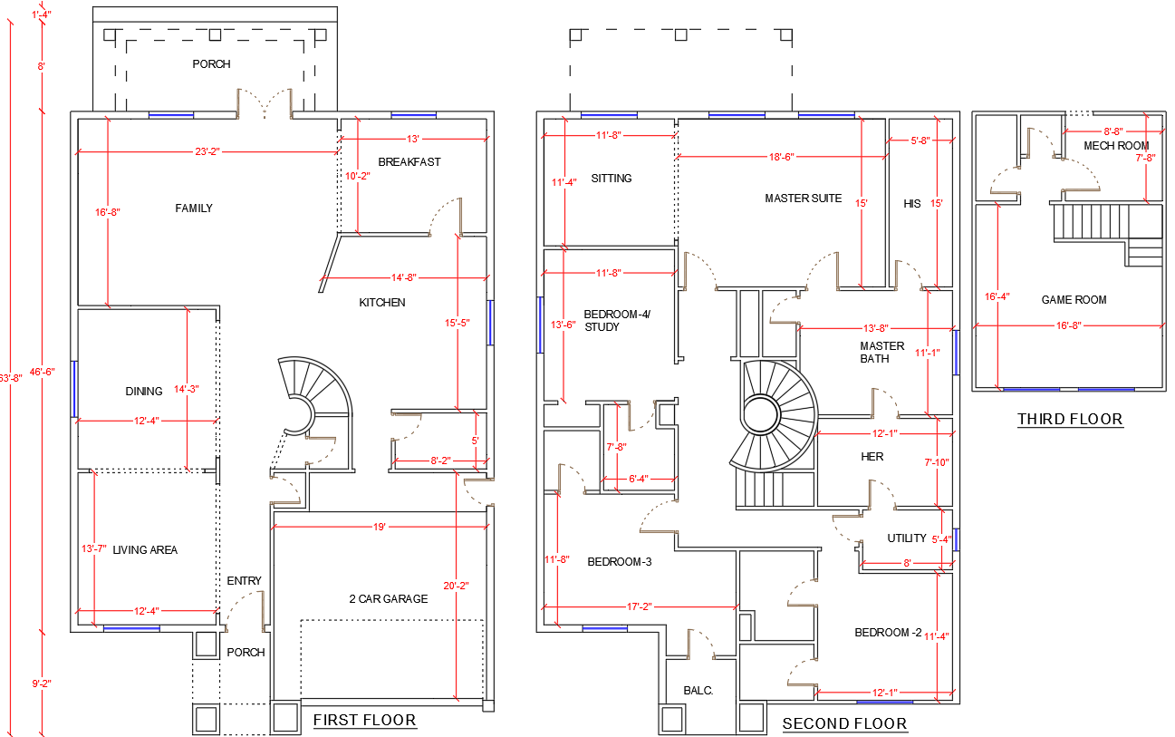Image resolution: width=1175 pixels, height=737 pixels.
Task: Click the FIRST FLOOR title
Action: [364, 721]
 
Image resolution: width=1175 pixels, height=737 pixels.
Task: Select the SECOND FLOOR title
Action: [844, 723]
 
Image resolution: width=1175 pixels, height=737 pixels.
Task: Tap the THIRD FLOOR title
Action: [1070, 419]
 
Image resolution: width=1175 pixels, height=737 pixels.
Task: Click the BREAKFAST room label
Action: [409, 162]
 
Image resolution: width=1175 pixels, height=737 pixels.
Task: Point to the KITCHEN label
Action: [382, 303]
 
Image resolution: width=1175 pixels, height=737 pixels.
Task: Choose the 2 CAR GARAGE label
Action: [389, 599]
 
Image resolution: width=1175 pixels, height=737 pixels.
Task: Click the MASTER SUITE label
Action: [803, 199]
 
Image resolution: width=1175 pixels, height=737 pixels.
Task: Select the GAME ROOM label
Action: [1074, 300]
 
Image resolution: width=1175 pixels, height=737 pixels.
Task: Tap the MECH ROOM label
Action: [1116, 146]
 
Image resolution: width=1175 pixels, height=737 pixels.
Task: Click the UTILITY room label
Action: [907, 538]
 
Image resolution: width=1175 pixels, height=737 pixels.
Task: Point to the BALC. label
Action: [698, 691]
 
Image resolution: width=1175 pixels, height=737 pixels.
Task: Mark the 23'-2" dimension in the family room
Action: [207, 151]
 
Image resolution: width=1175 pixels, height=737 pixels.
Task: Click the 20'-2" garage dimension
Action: [457, 585]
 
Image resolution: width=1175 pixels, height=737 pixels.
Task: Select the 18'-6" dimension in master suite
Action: [781, 157]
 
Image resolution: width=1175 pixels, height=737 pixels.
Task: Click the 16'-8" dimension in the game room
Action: [1069, 325]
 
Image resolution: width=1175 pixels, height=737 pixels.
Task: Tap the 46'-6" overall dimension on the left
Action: [43, 372]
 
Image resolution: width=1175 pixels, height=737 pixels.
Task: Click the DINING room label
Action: [144, 392]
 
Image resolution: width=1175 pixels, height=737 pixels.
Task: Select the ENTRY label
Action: [244, 581]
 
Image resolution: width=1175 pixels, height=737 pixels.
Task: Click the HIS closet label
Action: [911, 204]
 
